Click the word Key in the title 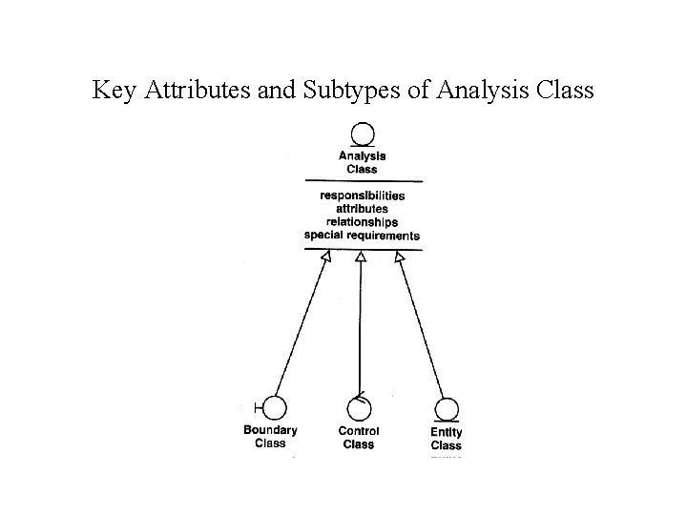click(x=112, y=91)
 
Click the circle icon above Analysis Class click(x=362, y=135)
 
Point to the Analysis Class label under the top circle click(x=362, y=162)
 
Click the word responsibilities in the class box click(x=362, y=196)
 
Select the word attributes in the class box click(x=362, y=208)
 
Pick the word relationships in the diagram click(x=362, y=221)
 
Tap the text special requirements click(x=362, y=235)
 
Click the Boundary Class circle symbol click(x=274, y=408)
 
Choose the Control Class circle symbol click(x=359, y=409)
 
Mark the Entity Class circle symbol click(x=446, y=409)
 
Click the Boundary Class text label click(x=270, y=436)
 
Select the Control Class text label click(x=359, y=438)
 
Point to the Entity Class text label click(x=446, y=439)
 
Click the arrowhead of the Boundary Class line click(x=325, y=257)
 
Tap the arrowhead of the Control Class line click(x=361, y=257)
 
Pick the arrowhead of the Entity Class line click(x=399, y=257)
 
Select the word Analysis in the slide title click(x=489, y=91)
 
